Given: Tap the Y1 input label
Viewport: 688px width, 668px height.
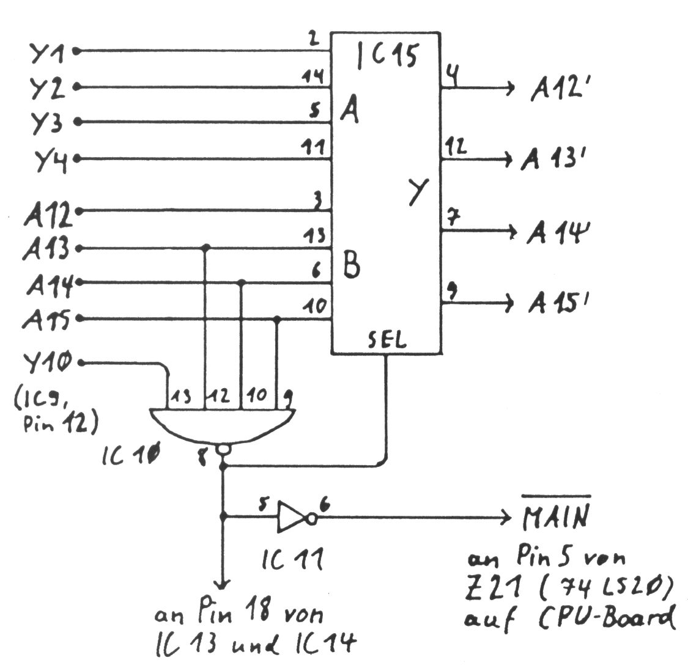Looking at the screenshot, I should pos(48,53).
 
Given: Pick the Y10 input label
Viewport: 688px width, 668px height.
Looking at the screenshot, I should pos(48,364).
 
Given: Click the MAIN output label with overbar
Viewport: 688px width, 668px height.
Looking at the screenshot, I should pos(557,518).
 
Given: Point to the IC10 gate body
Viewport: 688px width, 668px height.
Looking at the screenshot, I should pos(223,425).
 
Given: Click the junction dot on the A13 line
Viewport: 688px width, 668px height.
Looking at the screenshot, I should pos(206,248).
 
